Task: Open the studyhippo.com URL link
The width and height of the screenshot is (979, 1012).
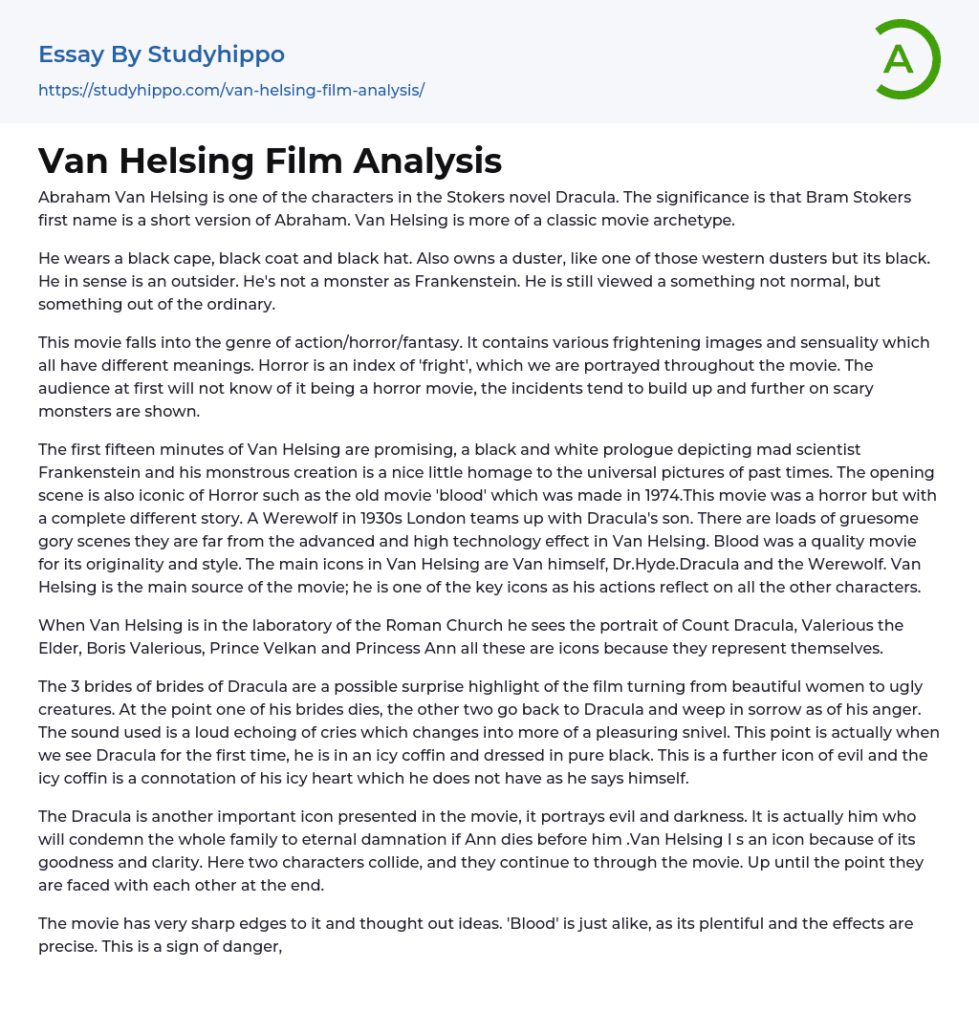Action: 231,90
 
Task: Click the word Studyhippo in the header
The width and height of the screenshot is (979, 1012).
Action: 216,54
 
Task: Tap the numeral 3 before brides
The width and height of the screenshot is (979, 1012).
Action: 76,686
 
